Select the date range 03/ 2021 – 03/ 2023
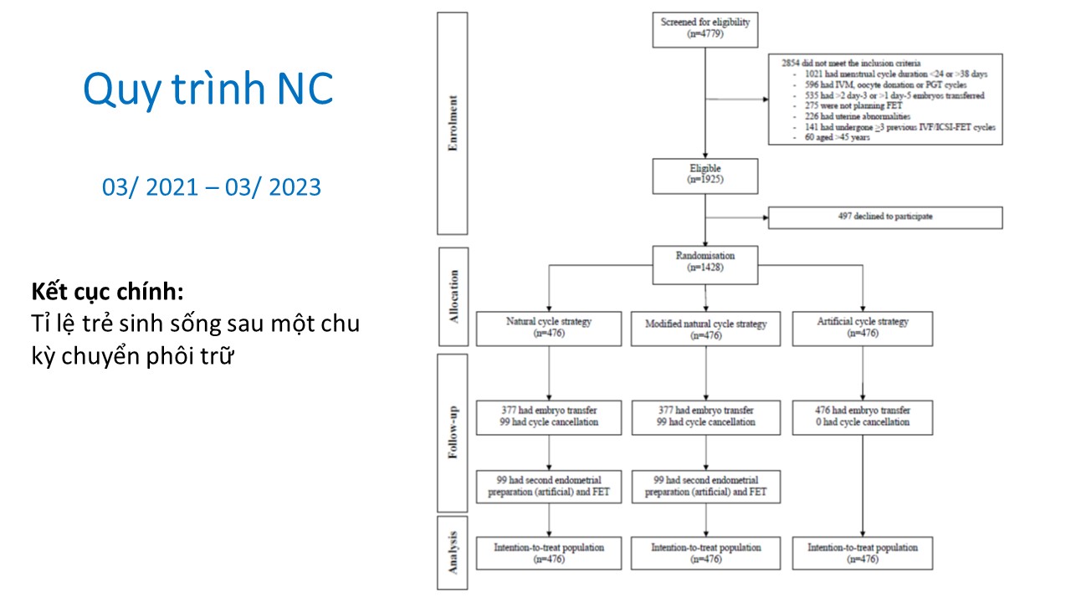pos(212,187)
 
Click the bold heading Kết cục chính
pos(107,293)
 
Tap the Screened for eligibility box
pos(705,28)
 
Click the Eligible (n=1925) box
pos(705,174)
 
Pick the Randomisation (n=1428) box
pos(705,260)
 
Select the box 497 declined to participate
pos(884,217)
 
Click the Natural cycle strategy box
pos(548,328)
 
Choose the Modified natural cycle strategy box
pos(705,329)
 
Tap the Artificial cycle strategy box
pos(863,328)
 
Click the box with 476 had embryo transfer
pos(863,416)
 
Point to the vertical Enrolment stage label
pos(453,123)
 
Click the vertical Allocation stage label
pos(453,297)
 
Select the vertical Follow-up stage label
pos(453,432)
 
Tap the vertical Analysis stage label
pos(453,553)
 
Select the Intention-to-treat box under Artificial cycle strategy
pos(863,554)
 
